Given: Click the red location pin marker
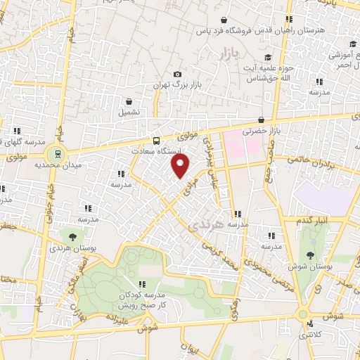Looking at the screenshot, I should point(181,167).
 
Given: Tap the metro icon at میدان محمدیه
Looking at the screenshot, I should point(53,153).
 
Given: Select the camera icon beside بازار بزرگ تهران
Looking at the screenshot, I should point(177,75).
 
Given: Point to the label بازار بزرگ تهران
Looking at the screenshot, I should point(179,85).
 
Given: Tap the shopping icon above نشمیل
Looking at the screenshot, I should point(129,101).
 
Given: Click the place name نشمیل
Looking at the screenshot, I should point(129,112).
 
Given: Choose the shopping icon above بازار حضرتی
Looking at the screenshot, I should point(261,120).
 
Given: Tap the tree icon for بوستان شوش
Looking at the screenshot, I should point(310,255).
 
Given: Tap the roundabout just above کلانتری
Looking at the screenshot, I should point(304,314).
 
